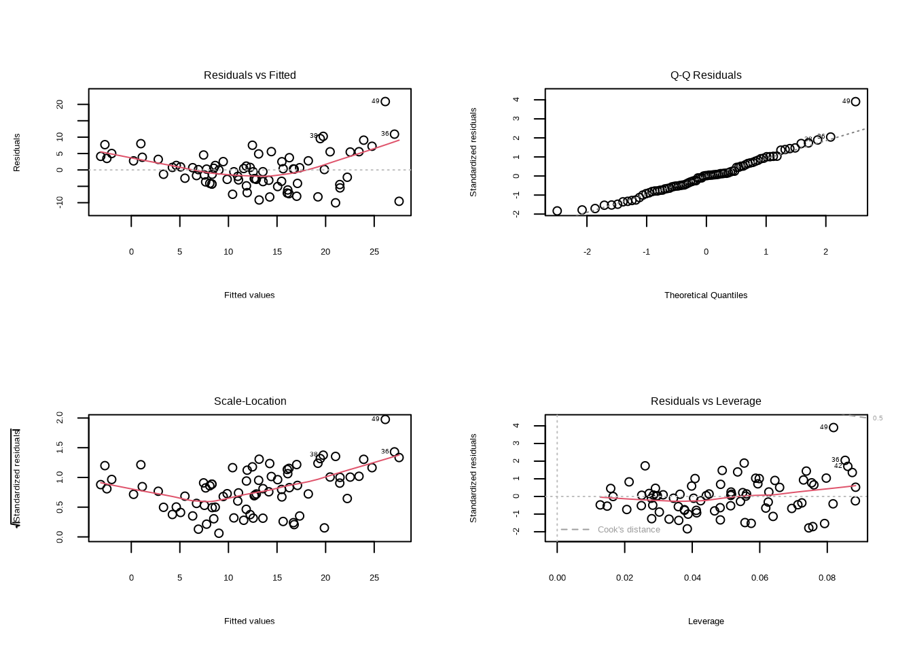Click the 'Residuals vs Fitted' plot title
[250, 75]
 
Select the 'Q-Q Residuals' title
[706, 75]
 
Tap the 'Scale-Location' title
[250, 401]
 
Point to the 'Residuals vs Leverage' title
[706, 401]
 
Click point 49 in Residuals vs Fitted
[385, 102]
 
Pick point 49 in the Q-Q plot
[855, 102]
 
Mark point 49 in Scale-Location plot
[385, 420]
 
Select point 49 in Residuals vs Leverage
[834, 428]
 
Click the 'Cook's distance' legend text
[628, 530]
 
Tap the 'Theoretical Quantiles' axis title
[706, 295]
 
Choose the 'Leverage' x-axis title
[706, 621]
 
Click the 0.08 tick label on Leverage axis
[827, 578]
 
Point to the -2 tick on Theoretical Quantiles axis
[587, 252]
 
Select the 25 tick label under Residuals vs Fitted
[374, 252]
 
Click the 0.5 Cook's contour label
[878, 418]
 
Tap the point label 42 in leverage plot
[838, 466]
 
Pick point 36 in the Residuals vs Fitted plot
[395, 134]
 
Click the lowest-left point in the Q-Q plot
[557, 211]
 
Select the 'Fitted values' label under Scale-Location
[249, 621]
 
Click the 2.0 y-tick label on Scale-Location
[60, 417]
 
